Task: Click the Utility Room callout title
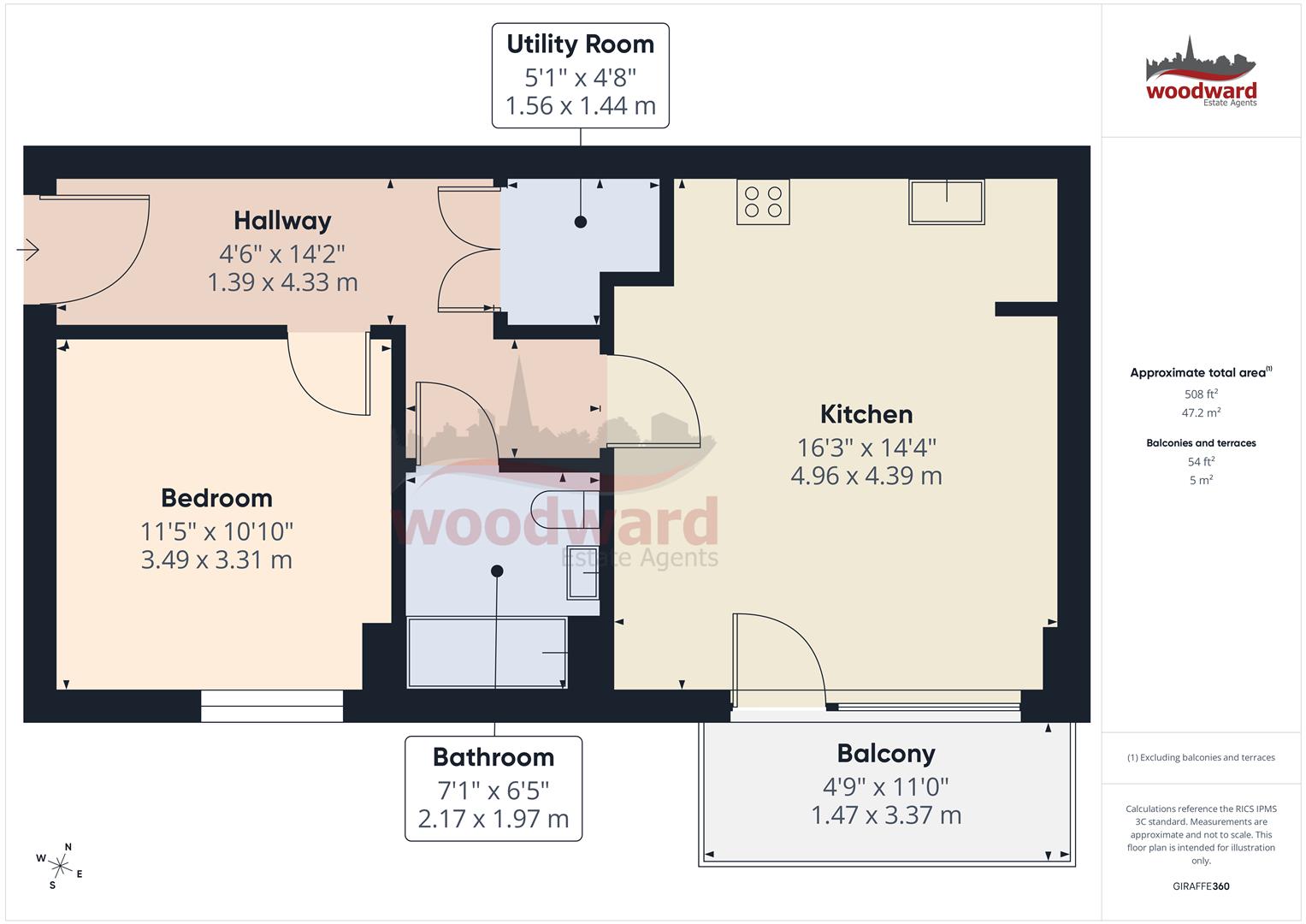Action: (x=580, y=44)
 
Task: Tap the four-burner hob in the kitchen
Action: (x=763, y=202)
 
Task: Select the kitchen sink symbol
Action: (x=946, y=201)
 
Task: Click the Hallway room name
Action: (x=282, y=221)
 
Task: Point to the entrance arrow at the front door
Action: (x=28, y=250)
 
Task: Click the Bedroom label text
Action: (x=216, y=498)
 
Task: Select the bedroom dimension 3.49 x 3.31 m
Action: (x=216, y=560)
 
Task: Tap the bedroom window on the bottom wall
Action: (x=272, y=706)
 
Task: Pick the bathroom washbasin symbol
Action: (x=582, y=572)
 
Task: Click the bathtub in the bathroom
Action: (x=487, y=652)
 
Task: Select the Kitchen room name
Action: (x=866, y=414)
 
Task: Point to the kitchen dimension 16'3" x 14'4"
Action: (x=866, y=447)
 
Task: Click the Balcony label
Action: (x=885, y=754)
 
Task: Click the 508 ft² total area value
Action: (x=1201, y=394)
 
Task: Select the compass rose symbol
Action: (x=60, y=866)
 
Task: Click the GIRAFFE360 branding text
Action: (x=1201, y=886)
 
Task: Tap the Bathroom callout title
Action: (x=493, y=757)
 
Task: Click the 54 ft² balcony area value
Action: (x=1201, y=462)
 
